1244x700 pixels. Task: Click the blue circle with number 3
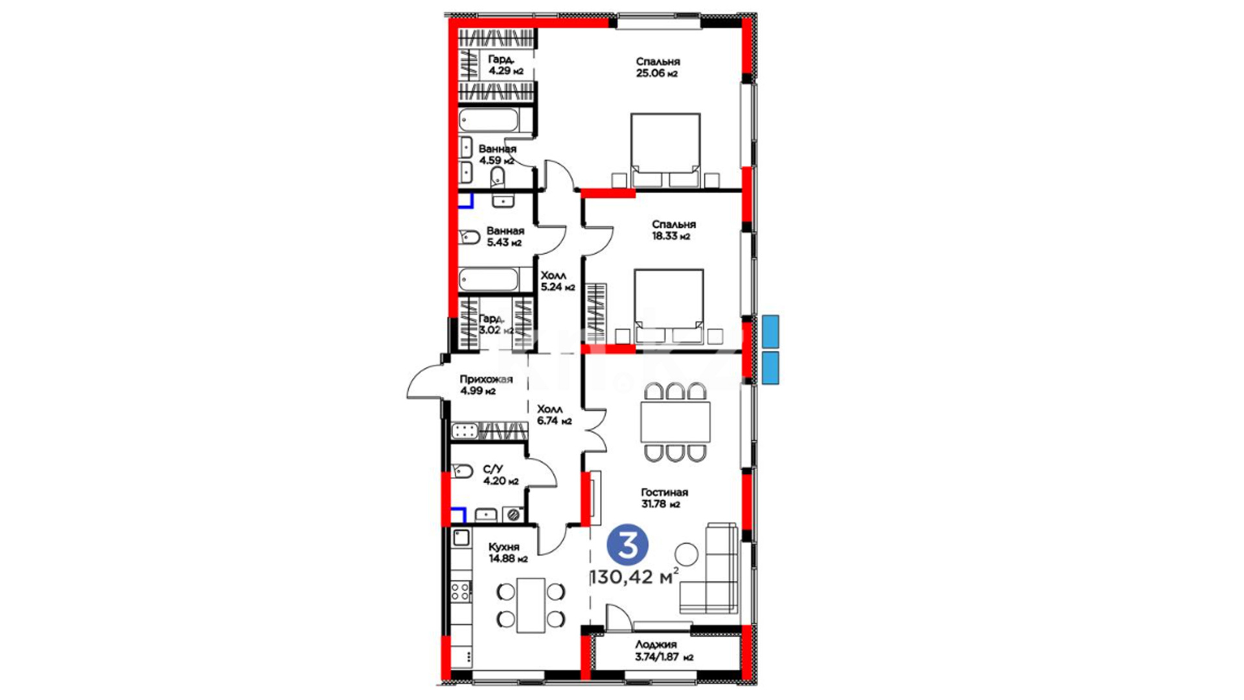coord(627,546)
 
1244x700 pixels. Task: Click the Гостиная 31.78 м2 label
coord(664,498)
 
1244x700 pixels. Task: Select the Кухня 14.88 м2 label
coord(508,552)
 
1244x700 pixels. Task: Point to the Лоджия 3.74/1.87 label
coord(664,650)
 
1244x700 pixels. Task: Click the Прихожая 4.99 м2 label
coord(486,385)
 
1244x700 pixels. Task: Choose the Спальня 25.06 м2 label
coord(658,67)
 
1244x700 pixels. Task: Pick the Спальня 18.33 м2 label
coord(673,230)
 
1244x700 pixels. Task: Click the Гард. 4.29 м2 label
coord(505,65)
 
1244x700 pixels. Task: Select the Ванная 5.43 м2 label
coord(505,237)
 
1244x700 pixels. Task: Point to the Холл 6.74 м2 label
coord(554,415)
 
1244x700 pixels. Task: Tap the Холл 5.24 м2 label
coord(557,281)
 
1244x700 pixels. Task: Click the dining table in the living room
coord(675,422)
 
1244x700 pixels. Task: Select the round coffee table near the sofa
coord(686,554)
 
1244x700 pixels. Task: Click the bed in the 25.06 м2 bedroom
coord(665,150)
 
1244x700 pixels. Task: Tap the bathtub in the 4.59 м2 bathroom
coord(489,121)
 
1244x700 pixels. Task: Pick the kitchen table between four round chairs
coord(531,605)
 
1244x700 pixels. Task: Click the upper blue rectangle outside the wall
coord(770,331)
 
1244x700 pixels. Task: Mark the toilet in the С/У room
coord(462,471)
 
